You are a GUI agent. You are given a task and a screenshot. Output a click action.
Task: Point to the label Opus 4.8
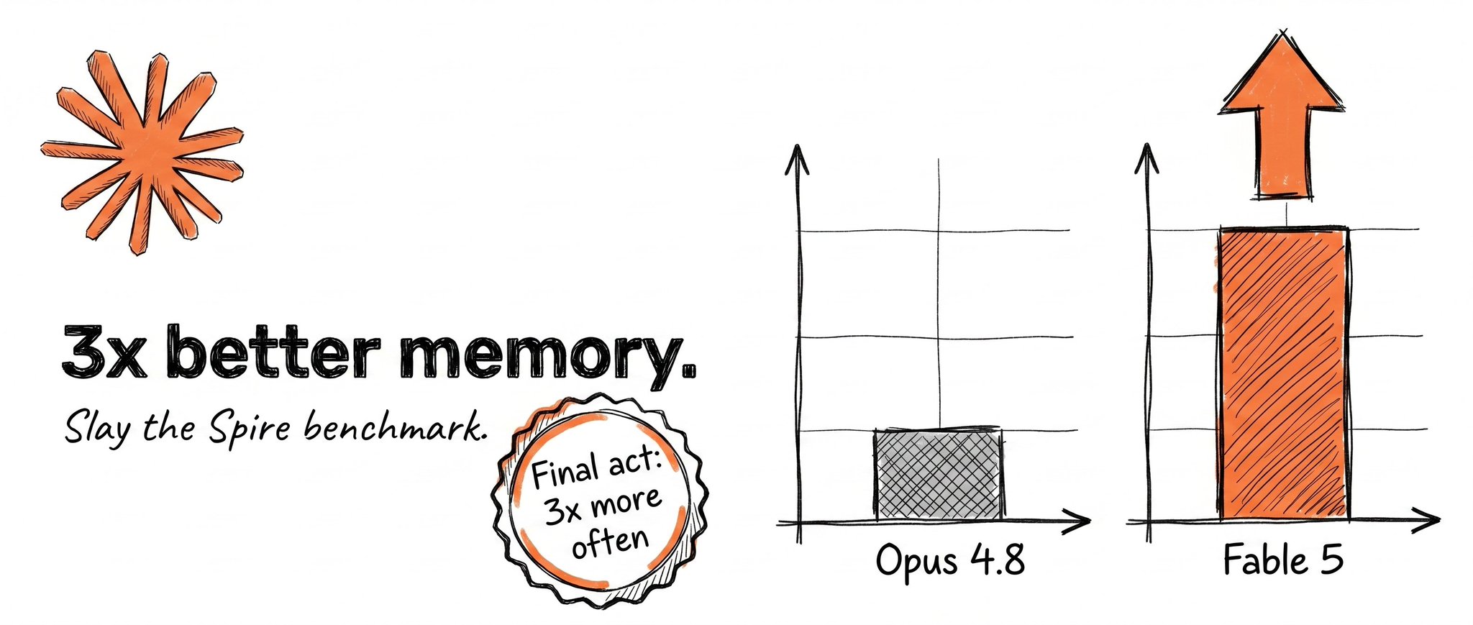click(950, 561)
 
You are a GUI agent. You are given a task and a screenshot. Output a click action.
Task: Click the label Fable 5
click(1283, 560)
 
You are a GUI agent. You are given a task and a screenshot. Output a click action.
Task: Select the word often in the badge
click(610, 542)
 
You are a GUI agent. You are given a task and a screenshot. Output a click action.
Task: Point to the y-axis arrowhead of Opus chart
click(796, 158)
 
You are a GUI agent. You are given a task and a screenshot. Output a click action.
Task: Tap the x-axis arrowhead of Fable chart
click(1427, 520)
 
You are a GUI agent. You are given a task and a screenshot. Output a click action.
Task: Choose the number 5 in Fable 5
click(1331, 560)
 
